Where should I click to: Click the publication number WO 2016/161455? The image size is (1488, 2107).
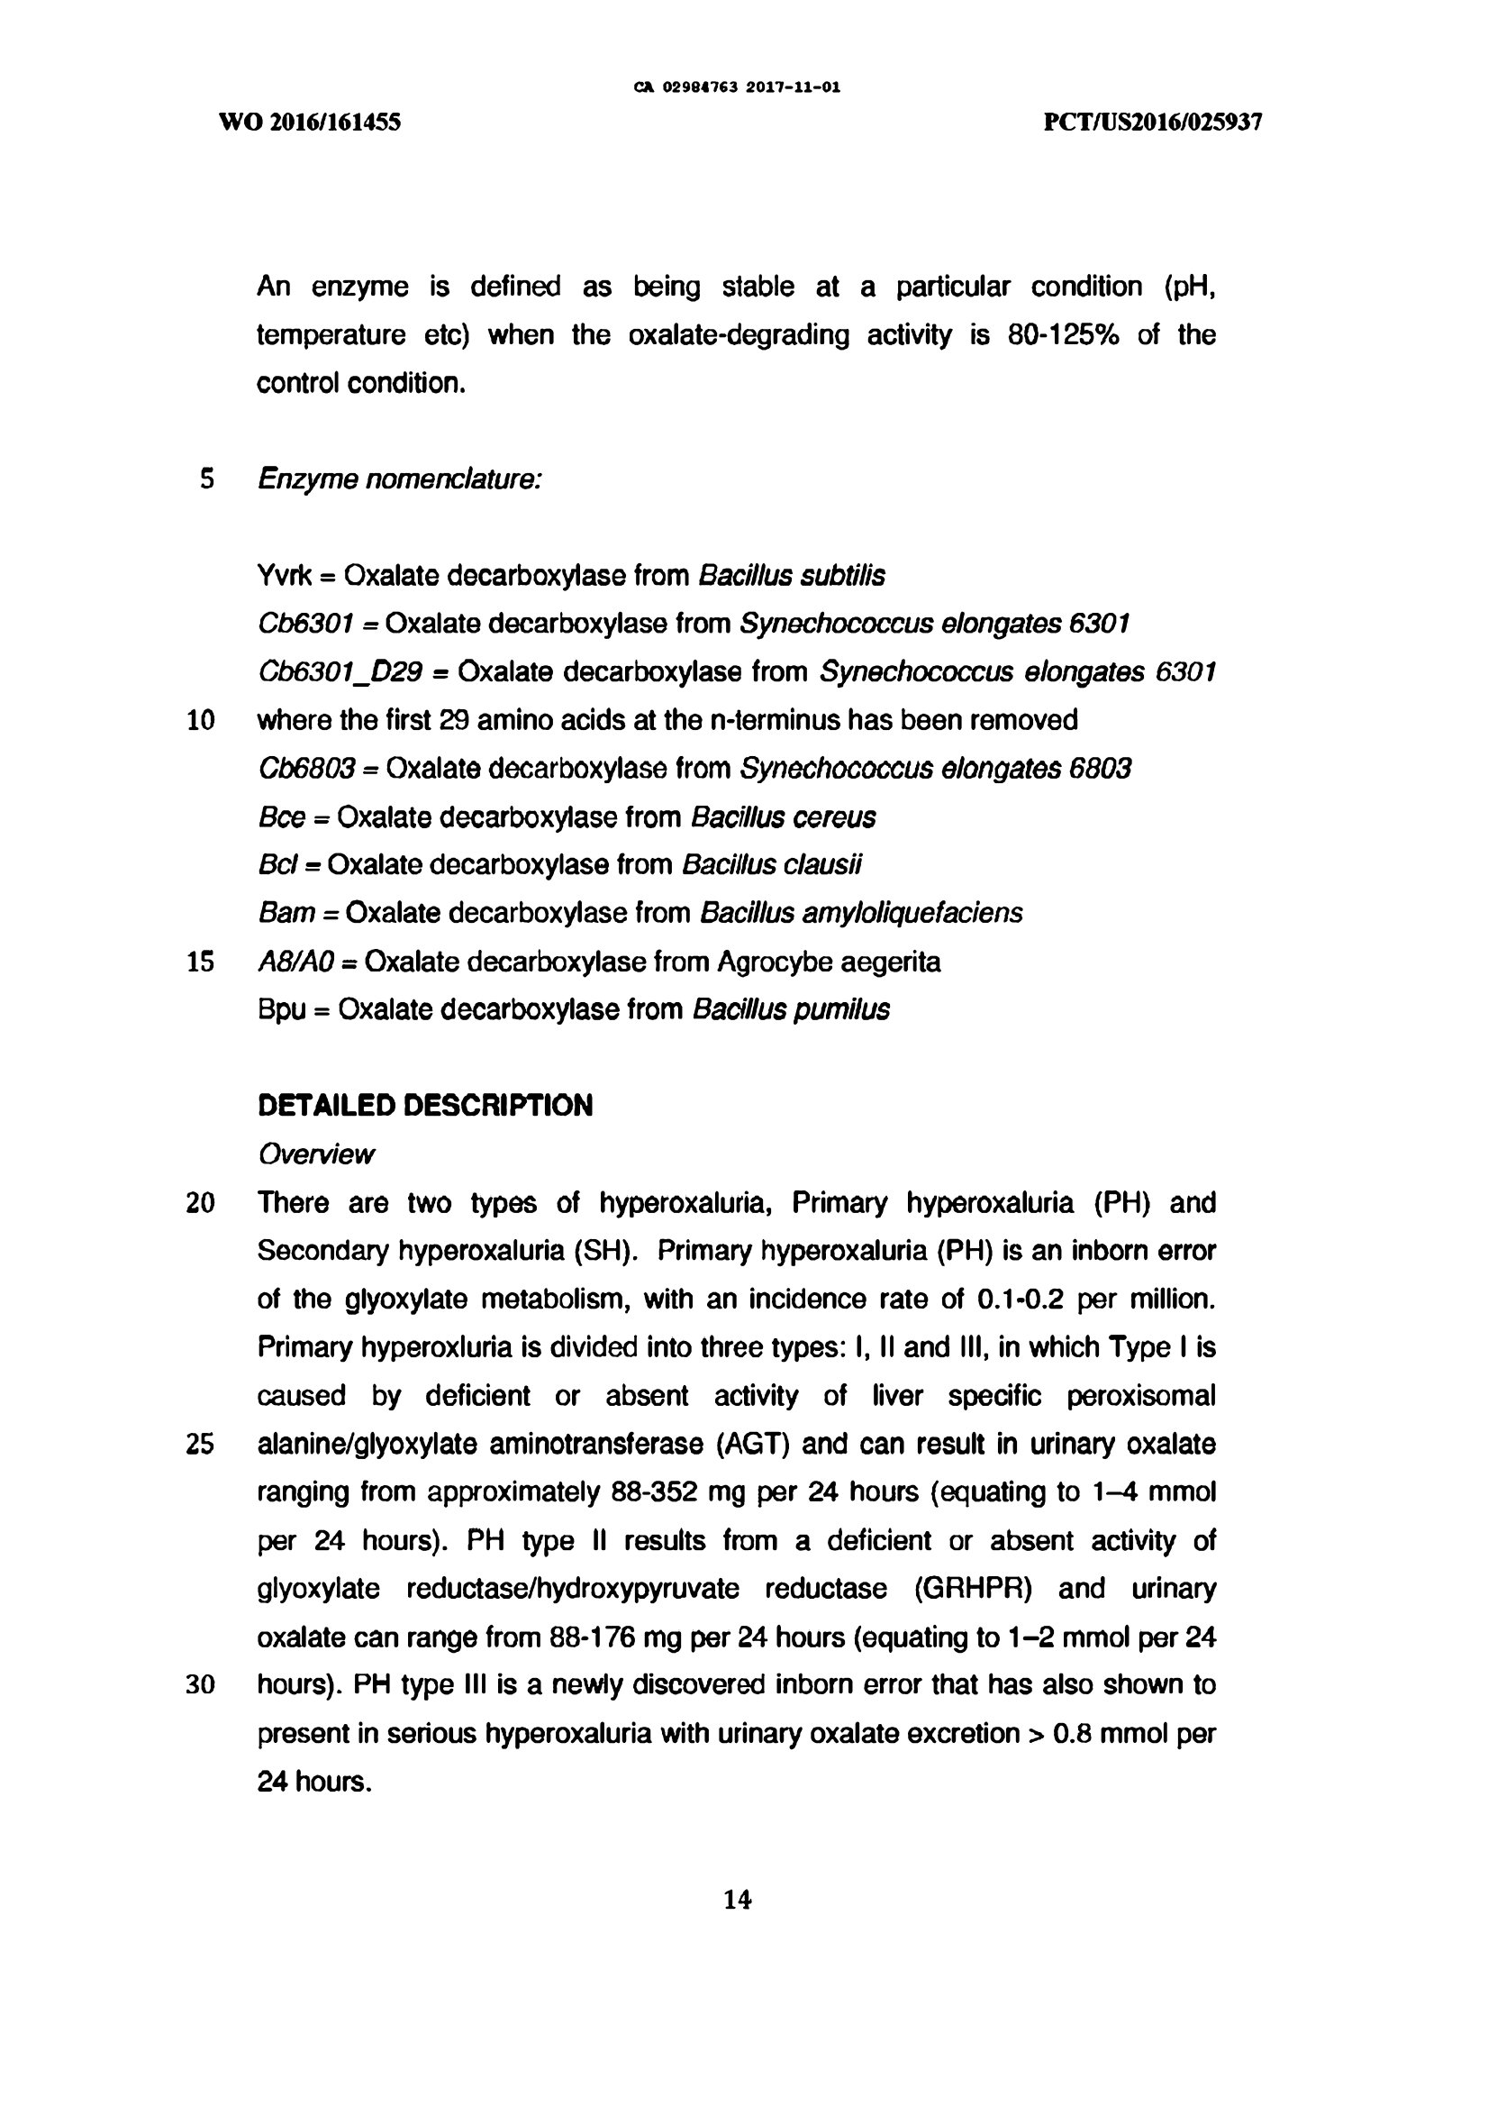[x=310, y=122]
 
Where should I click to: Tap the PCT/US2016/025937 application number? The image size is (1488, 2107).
[x=1153, y=122]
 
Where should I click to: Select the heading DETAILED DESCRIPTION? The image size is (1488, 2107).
[x=425, y=1105]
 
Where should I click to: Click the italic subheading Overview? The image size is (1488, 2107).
[x=315, y=1154]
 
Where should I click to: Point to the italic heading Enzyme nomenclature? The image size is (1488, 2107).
[x=399, y=479]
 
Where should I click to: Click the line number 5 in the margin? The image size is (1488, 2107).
[x=207, y=479]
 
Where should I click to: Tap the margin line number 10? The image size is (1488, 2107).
[x=201, y=720]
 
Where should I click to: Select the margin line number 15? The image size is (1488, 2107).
[x=201, y=962]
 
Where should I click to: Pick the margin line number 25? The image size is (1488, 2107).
[x=201, y=1445]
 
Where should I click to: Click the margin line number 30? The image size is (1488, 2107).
[x=201, y=1685]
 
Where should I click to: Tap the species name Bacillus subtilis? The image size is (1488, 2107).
[x=792, y=576]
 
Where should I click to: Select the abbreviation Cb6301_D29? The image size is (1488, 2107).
[x=340, y=672]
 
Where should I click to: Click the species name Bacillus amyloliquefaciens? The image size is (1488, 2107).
[x=861, y=913]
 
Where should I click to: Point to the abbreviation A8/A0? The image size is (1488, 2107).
[x=295, y=962]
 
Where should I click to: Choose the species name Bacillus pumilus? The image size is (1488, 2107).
[x=791, y=1009]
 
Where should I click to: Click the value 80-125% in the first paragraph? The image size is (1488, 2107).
[x=1063, y=335]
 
